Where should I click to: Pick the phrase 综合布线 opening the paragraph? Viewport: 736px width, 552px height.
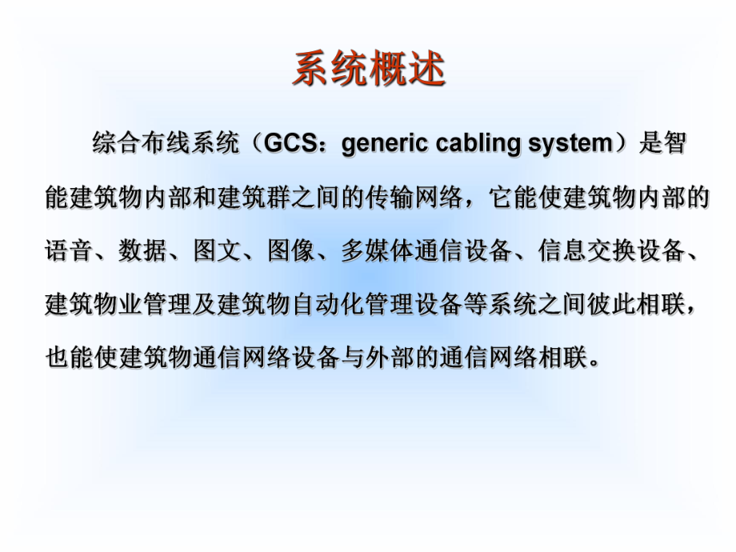click(x=141, y=144)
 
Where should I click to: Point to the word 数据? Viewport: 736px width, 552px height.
click(x=142, y=250)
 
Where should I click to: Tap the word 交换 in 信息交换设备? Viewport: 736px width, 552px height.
click(x=613, y=250)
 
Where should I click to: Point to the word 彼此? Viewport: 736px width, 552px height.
click(x=613, y=304)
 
